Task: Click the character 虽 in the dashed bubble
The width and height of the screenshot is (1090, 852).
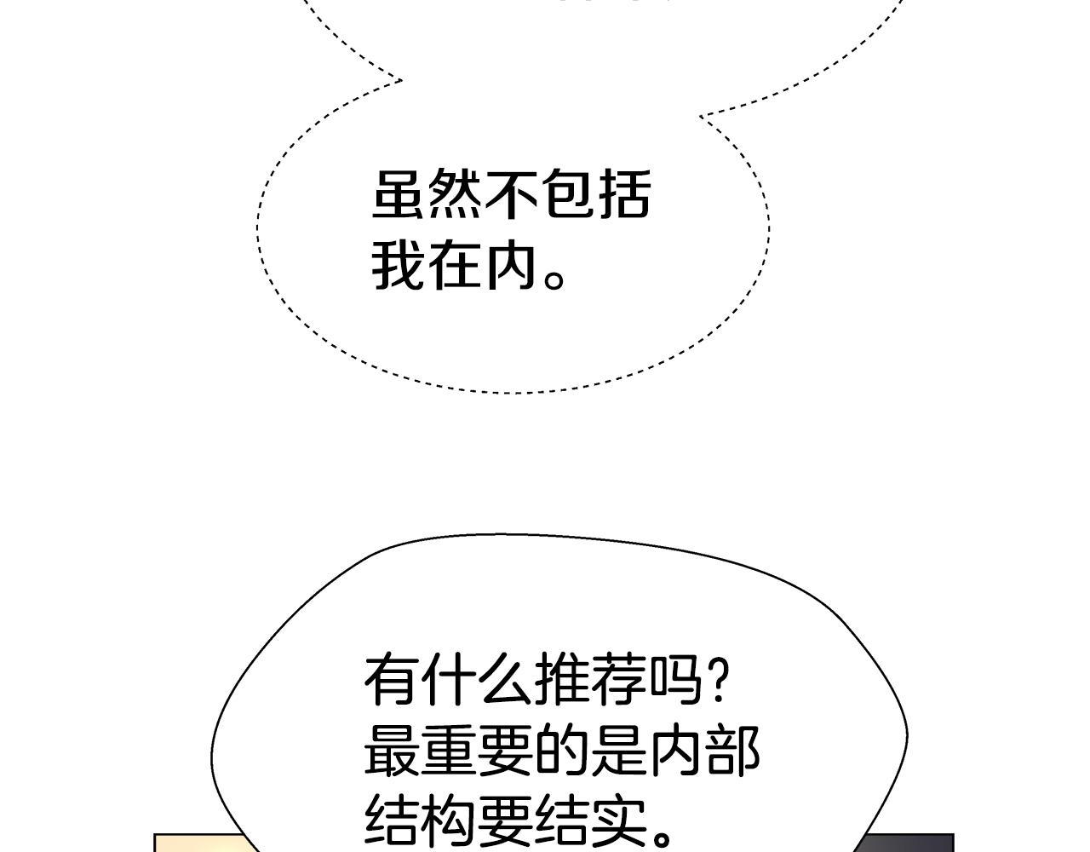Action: coord(399,194)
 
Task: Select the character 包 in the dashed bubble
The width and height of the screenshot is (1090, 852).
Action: coord(568,194)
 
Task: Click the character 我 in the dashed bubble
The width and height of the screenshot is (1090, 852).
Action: coord(399,265)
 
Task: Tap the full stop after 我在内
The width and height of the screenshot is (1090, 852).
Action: coord(554,279)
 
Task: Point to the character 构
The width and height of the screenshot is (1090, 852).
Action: coord(449,823)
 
